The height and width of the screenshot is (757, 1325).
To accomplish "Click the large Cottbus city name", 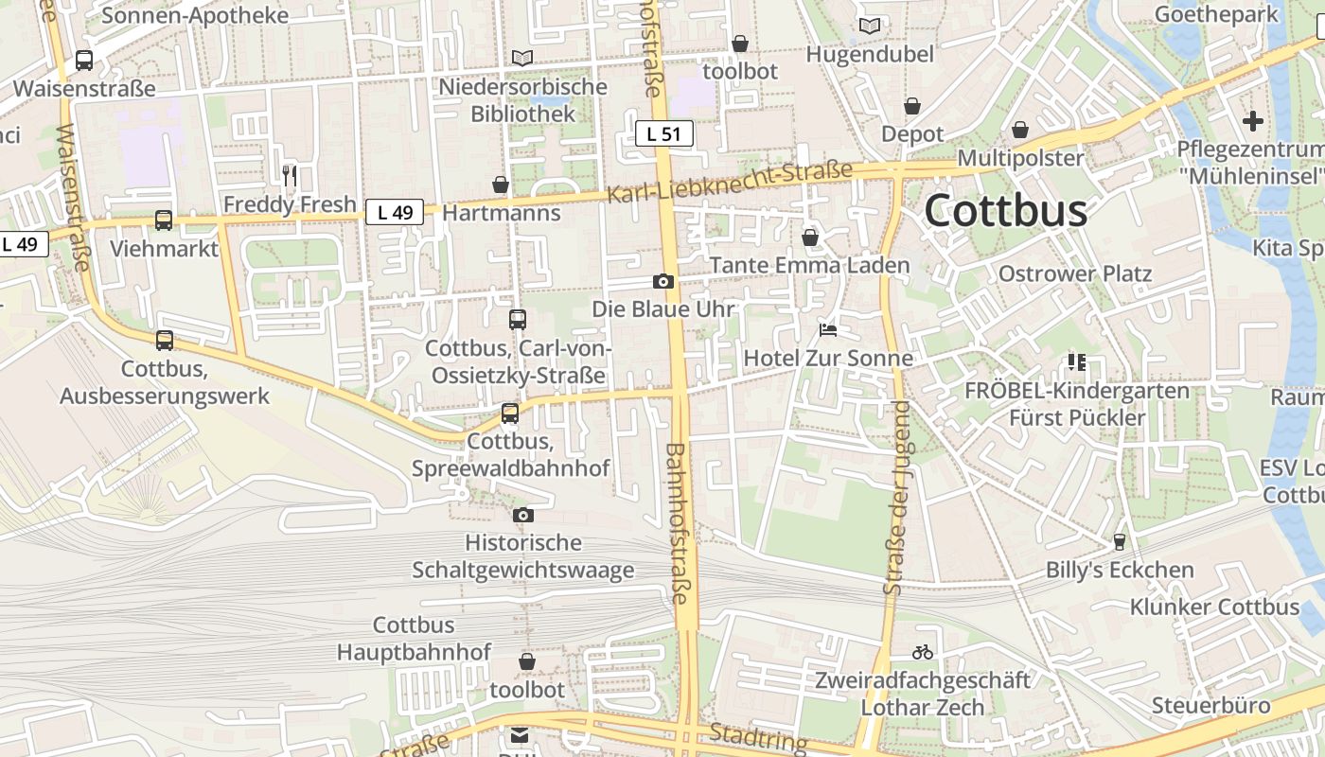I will click(1005, 210).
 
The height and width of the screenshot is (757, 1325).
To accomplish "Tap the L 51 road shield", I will click(663, 133).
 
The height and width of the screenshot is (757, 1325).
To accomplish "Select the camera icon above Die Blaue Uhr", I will click(663, 281).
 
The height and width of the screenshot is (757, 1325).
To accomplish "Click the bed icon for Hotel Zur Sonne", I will click(828, 330).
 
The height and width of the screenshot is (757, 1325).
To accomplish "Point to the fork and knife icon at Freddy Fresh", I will click(290, 175).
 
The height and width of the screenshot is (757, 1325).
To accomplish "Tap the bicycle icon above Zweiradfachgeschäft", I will click(923, 652).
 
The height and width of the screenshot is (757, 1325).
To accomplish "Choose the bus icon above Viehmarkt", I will click(164, 220).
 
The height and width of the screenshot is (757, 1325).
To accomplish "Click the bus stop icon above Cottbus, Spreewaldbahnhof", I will click(510, 414).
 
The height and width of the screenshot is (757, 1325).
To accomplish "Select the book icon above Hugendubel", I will click(870, 26).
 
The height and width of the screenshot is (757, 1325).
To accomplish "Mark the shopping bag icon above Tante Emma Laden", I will click(810, 237).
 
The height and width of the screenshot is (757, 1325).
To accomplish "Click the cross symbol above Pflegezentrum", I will click(1253, 121).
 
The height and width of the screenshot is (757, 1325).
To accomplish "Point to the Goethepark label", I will click(1216, 14).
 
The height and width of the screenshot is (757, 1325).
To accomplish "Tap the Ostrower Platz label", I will click(1075, 274).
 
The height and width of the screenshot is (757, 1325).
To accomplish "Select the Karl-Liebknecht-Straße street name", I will click(729, 182).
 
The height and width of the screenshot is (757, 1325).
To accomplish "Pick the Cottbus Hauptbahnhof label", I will click(415, 639).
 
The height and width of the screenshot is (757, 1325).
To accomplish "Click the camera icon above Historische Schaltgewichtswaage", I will click(523, 515).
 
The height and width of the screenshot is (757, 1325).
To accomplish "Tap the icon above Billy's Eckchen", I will click(1120, 541).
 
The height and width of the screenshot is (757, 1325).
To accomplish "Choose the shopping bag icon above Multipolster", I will click(1020, 130).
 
